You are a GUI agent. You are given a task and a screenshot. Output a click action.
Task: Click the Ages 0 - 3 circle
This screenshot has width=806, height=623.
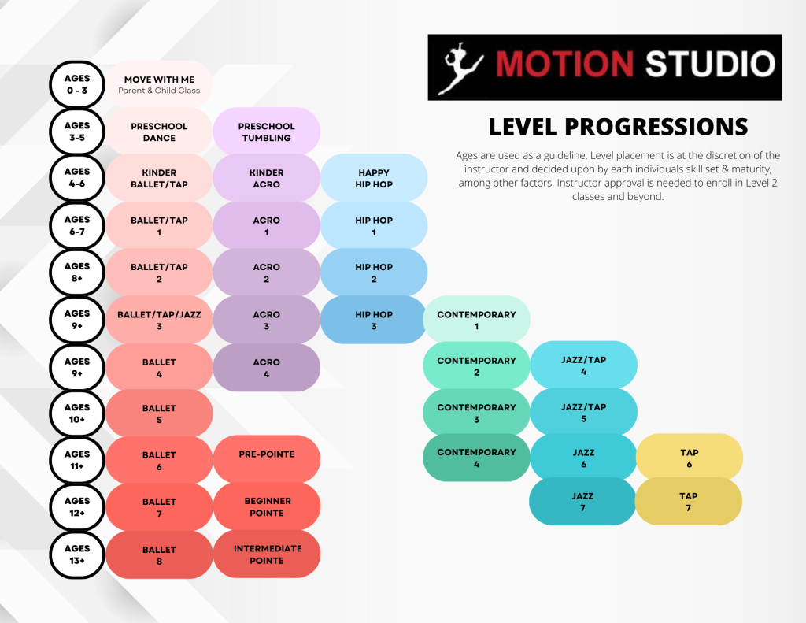click(x=77, y=84)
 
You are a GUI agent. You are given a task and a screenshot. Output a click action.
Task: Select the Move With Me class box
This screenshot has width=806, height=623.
click(x=159, y=84)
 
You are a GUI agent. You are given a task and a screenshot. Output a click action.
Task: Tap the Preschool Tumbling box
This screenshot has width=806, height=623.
click(x=266, y=132)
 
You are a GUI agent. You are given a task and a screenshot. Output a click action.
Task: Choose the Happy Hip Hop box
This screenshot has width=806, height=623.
click(x=374, y=178)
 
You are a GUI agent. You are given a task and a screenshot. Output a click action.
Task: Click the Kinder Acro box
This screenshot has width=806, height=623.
click(x=266, y=178)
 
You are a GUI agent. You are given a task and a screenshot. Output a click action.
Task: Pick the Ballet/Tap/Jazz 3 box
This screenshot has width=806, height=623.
click(x=159, y=320)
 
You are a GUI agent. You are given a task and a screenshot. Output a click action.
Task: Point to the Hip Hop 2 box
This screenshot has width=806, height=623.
click(x=374, y=273)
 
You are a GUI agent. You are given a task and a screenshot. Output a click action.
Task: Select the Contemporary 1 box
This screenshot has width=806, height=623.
click(x=476, y=320)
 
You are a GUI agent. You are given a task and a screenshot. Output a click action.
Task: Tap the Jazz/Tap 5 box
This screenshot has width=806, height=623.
click(x=583, y=412)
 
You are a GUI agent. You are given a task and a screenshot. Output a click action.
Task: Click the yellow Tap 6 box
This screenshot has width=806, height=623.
click(x=690, y=458)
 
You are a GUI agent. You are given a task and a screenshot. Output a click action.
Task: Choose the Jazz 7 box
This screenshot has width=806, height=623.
click(x=582, y=502)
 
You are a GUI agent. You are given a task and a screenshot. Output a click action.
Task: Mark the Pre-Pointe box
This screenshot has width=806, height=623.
click(x=266, y=459)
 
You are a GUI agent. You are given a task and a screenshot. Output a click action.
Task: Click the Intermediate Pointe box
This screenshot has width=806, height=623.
click(x=266, y=554)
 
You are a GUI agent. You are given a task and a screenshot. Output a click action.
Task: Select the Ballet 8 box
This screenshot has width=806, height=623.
click(x=159, y=554)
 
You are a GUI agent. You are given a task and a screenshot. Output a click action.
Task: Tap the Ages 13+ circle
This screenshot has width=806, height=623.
click(x=77, y=554)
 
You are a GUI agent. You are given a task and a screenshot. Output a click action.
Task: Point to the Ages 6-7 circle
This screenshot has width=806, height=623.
click(x=77, y=225)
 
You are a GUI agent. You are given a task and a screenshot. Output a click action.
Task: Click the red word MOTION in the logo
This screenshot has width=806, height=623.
click(x=564, y=64)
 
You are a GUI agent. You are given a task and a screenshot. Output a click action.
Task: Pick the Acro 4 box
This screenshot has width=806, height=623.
click(x=266, y=367)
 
